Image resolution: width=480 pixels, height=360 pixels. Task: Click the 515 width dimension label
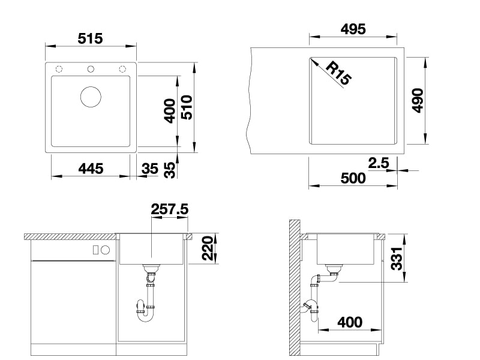coord(90,38)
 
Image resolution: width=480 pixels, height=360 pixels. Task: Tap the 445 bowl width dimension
coord(91,169)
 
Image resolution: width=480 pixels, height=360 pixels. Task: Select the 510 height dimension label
coord(187,107)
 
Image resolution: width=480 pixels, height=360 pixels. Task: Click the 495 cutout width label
coord(353,29)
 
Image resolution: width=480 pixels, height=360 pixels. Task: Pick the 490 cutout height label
coord(418,100)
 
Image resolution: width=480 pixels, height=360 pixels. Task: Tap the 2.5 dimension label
coord(379,163)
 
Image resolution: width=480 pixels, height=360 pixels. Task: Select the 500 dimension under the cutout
coord(353,178)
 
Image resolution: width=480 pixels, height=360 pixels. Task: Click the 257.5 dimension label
coord(170,209)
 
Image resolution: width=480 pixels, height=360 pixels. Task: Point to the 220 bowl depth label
coord(208,248)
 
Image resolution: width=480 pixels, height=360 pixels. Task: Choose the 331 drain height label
coord(397,259)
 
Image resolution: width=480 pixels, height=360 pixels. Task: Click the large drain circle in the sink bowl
coord(91,97)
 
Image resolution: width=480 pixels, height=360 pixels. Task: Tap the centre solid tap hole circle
coord(91,69)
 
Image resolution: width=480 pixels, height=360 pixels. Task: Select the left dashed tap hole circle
coord(59,69)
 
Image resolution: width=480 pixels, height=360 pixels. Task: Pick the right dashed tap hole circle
coord(122,69)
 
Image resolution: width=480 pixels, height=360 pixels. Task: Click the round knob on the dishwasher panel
coord(106,250)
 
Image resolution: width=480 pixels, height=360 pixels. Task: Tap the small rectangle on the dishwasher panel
coord(95,250)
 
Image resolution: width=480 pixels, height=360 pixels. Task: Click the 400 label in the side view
coord(350,322)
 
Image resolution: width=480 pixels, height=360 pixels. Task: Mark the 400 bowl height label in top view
coord(170,111)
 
